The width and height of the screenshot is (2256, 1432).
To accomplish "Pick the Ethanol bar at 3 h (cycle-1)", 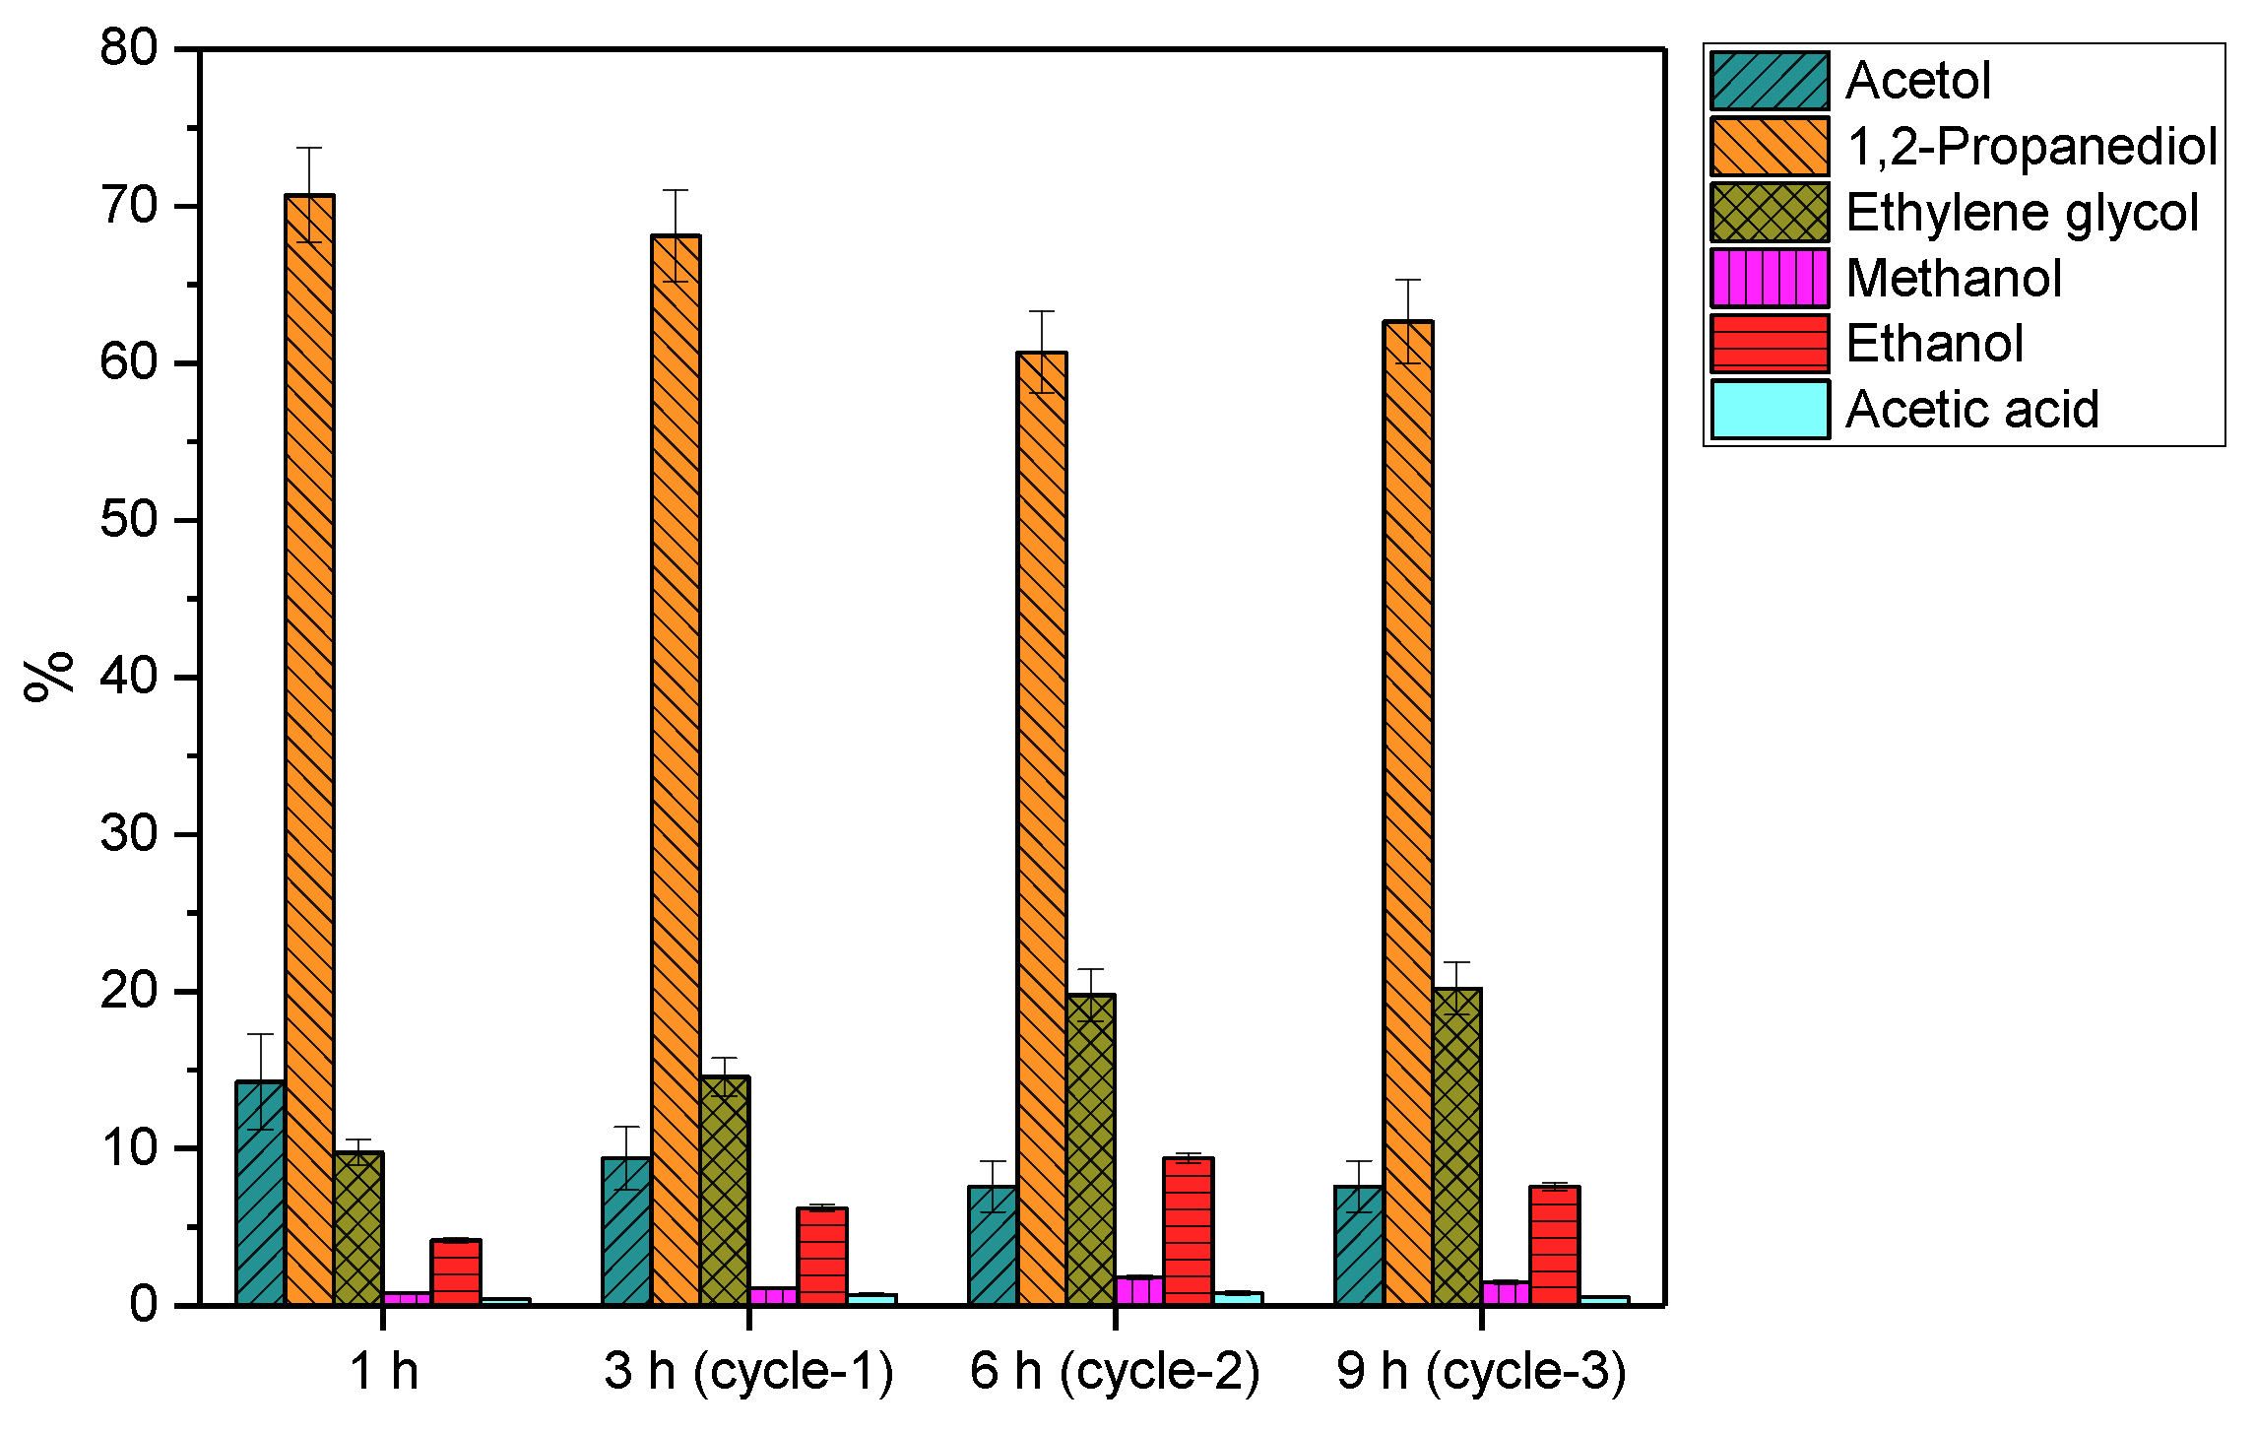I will point(822,1257).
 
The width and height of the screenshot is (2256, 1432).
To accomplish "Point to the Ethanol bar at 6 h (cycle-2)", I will point(1189,1232).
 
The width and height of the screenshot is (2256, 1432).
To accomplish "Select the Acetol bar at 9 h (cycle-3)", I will point(1359,1246).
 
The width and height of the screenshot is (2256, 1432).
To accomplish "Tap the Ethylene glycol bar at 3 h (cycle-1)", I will point(725,1191).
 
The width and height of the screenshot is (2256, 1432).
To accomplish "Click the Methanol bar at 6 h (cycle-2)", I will point(1139,1291).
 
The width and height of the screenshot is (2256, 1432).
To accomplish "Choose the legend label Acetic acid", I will point(1971,409).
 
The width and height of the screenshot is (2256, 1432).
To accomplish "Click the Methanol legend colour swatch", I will point(1770,278).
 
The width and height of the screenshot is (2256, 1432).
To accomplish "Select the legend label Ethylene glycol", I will point(2022,212).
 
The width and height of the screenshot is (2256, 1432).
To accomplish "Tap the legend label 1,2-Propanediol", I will point(2031,146).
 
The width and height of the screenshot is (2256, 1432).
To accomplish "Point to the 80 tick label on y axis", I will point(129,47).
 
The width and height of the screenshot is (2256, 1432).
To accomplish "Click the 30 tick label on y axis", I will point(129,834).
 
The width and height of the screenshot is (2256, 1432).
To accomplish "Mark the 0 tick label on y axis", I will point(144,1305).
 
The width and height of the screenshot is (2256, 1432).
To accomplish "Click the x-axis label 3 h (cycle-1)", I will point(748,1371).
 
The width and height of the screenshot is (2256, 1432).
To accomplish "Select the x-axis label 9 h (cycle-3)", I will point(1481,1371).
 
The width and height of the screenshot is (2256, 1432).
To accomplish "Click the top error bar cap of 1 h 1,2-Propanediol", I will point(309,148).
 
